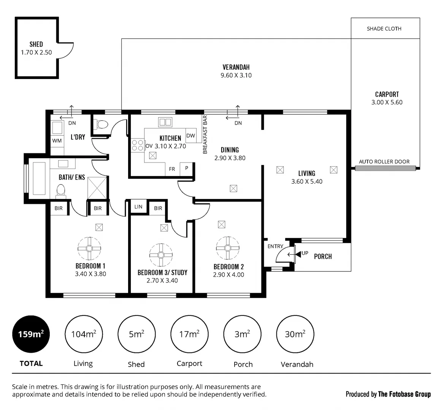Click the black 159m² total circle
(31, 334)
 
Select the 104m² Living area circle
(83, 334)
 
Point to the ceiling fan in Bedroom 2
(227, 248)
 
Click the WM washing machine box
(57, 141)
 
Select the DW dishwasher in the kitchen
(190, 136)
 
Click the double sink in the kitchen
(165, 122)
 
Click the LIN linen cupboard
(138, 207)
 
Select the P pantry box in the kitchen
(187, 168)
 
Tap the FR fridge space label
(172, 169)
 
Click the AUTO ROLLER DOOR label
(384, 162)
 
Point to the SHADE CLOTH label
(384, 28)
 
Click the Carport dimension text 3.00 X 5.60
(387, 102)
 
